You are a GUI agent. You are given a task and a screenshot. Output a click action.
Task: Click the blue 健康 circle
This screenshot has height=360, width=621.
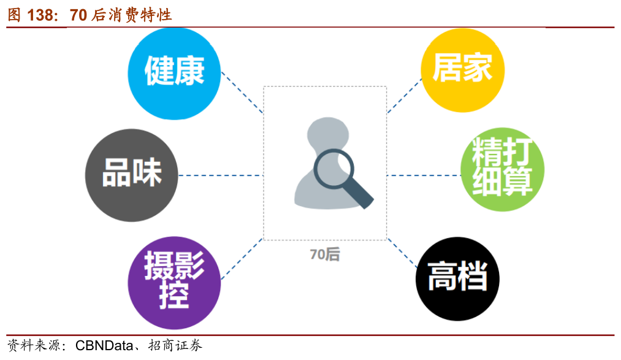click(174, 73)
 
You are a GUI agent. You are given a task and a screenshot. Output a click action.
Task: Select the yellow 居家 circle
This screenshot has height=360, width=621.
click(463, 70)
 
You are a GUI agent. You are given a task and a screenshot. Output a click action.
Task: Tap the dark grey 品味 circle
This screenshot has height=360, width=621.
click(131, 175)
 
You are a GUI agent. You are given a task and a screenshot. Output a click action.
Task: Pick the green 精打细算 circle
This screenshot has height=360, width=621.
click(502, 169)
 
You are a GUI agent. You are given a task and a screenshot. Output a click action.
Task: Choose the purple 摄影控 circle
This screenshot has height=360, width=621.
click(174, 283)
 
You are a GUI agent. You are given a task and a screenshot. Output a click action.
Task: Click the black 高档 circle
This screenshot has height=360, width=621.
click(457, 279)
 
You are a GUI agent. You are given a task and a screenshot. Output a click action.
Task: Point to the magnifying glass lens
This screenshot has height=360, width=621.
click(333, 168)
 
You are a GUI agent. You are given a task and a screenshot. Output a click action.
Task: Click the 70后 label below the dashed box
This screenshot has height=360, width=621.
click(325, 255)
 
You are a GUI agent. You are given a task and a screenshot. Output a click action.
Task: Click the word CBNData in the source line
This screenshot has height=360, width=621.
click(104, 345)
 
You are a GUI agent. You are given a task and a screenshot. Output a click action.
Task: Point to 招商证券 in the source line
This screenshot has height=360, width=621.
click(175, 345)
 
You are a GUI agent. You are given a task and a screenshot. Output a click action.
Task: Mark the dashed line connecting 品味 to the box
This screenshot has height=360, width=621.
click(221, 175)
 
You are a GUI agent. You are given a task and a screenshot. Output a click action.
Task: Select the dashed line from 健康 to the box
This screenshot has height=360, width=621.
click(242, 92)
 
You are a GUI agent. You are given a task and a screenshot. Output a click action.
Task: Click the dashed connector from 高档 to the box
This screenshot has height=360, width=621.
click(402, 253)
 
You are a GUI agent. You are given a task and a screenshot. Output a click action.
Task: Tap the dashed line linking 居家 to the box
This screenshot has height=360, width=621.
click(405, 96)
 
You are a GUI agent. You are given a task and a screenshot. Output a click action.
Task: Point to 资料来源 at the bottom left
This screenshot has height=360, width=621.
click(34, 345)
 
